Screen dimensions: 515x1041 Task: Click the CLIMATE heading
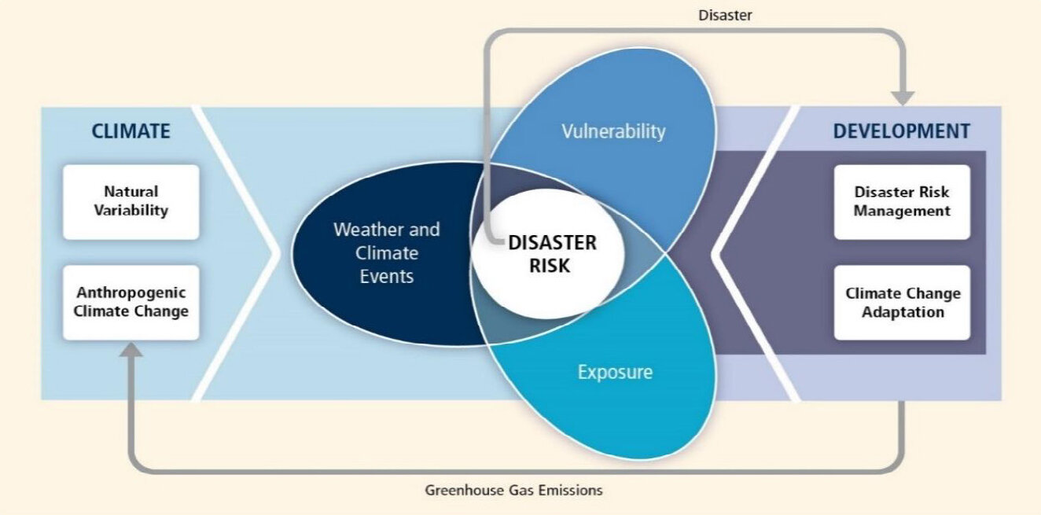(x=131, y=131)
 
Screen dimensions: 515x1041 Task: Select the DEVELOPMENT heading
(x=901, y=131)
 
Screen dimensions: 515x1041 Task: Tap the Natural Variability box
(x=131, y=201)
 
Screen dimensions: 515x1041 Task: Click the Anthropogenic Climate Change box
(x=131, y=302)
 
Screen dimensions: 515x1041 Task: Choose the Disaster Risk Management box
(x=902, y=201)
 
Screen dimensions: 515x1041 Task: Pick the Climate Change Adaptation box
(x=902, y=302)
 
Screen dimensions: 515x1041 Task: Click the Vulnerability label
(x=612, y=131)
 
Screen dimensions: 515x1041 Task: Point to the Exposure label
(x=615, y=371)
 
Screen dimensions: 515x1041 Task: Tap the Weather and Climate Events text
(x=386, y=253)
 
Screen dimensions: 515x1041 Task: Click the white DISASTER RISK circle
(x=550, y=254)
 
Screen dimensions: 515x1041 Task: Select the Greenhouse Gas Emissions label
(x=513, y=490)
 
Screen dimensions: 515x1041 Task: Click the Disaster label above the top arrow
(x=725, y=15)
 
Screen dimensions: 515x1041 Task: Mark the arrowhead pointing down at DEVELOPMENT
(x=903, y=97)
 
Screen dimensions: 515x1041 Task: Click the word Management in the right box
(x=902, y=211)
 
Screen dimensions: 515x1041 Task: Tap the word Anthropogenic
(x=131, y=292)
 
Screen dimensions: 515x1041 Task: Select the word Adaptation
(x=902, y=312)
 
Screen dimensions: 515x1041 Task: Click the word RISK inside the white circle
(x=550, y=266)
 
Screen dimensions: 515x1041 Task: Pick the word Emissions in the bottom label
(x=573, y=490)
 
